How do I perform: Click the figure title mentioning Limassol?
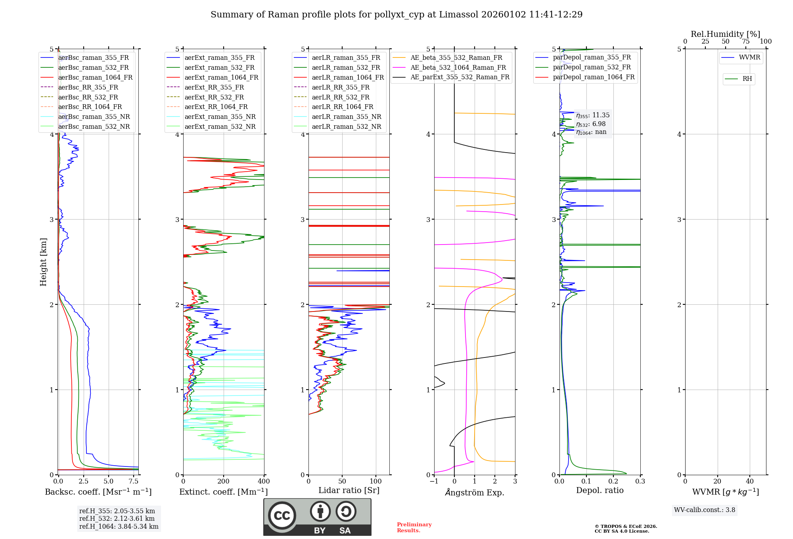point(396,15)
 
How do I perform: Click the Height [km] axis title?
point(43,262)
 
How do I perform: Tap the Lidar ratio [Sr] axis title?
point(349,490)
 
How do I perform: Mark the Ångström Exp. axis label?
point(475,492)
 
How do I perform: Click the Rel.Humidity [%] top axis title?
point(725,34)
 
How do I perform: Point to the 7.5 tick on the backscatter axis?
point(134,481)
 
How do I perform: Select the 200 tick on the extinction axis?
point(224,481)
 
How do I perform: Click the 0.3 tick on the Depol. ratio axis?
point(640,481)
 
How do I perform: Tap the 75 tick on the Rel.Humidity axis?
point(746,41)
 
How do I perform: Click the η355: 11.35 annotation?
point(593,115)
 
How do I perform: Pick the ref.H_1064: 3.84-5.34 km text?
point(119,526)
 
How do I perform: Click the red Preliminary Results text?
point(414,527)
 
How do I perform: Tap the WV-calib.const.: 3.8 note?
point(704,510)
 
